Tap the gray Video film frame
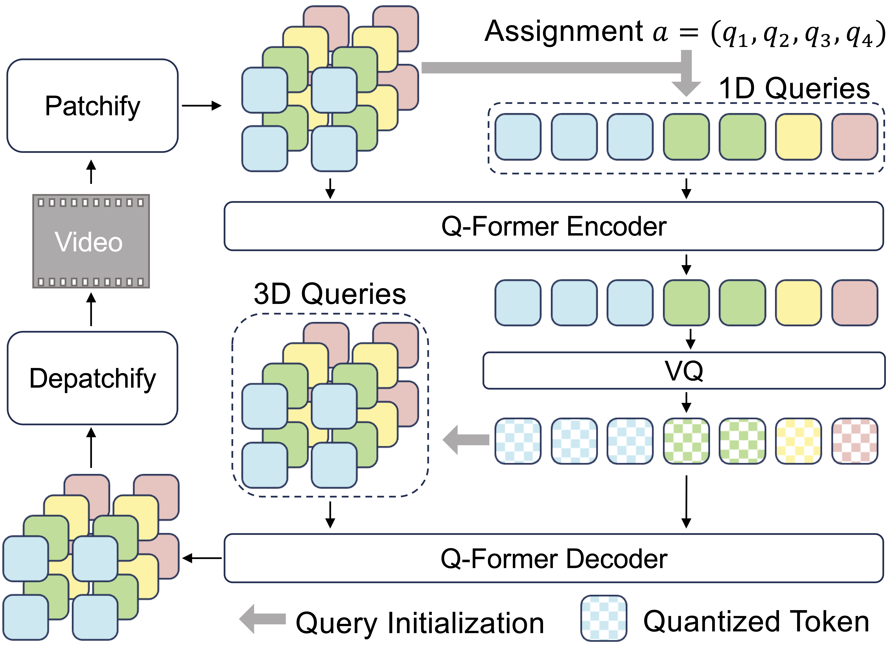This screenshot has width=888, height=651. point(91,241)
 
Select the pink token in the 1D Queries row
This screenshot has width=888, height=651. point(855,137)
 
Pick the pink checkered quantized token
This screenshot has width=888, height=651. point(855,441)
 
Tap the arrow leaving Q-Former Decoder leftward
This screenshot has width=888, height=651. point(202,558)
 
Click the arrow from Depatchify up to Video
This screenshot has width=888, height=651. point(91,309)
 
